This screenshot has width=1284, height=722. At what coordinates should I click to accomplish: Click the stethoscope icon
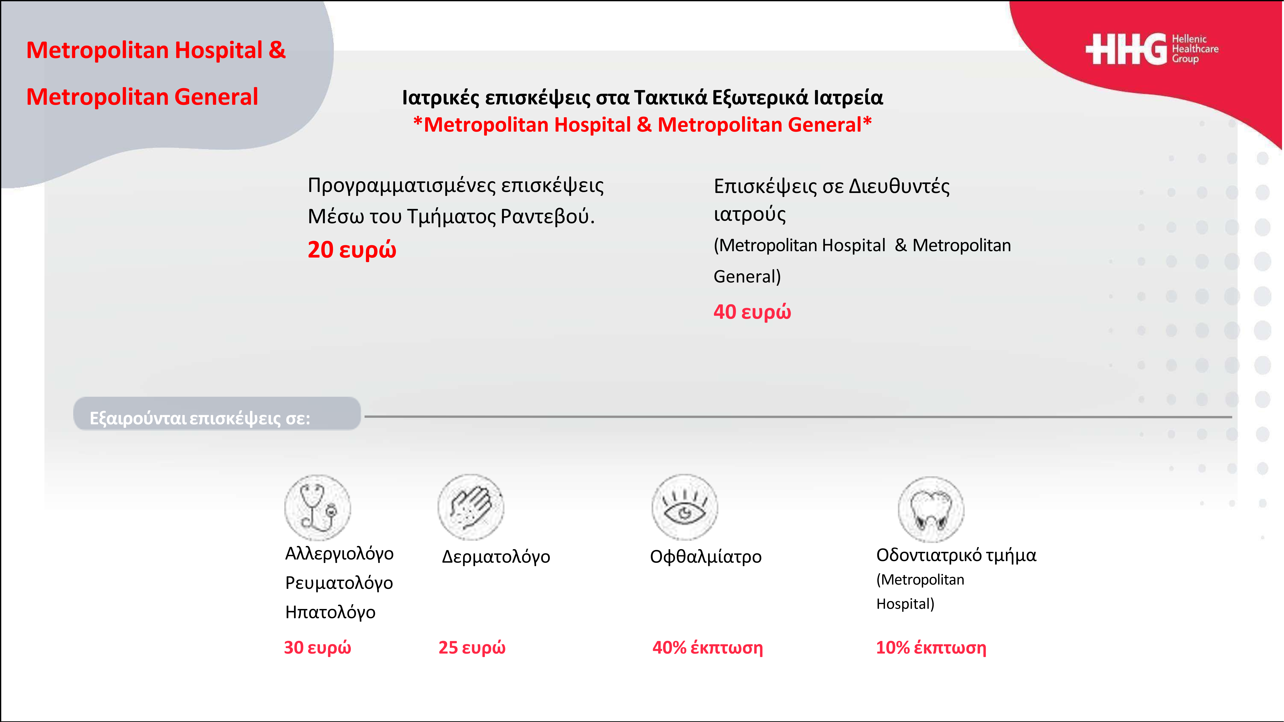tap(318, 507)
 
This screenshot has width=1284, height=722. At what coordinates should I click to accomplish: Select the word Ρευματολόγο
tap(339, 583)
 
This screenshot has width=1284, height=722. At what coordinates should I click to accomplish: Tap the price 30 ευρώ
tap(318, 648)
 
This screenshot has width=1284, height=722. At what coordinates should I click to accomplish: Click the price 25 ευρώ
tap(472, 648)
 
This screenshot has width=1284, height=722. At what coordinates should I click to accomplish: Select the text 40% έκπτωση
tap(708, 648)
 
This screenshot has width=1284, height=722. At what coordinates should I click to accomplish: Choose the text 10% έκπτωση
tap(931, 648)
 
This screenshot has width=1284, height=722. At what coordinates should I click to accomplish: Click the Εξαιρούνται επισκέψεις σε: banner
tap(217, 414)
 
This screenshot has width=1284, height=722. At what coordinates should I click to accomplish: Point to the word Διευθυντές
tap(899, 186)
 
